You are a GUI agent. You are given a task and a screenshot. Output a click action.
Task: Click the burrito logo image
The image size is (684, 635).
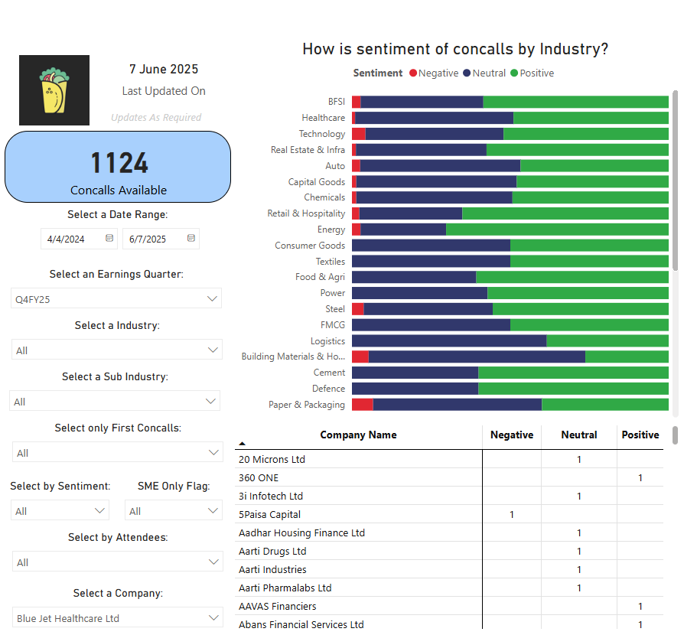[x=54, y=90]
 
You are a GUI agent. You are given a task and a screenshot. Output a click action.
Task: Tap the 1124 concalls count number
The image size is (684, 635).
[x=119, y=163]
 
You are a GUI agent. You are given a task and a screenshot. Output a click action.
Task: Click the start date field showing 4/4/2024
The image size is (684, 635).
[x=67, y=239]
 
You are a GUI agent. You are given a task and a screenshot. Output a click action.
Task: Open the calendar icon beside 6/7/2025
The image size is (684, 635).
[x=191, y=239]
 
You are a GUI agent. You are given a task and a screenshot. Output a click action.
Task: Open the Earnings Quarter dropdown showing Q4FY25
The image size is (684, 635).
[x=116, y=299]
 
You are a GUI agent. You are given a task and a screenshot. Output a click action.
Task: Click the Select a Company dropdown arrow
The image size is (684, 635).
[x=213, y=618]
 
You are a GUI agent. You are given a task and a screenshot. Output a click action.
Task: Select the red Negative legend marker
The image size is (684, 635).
[x=413, y=73]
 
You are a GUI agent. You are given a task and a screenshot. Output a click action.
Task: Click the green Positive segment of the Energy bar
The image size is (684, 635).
[x=557, y=230]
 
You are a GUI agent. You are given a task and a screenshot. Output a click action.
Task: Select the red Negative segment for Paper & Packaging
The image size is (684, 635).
[x=363, y=405]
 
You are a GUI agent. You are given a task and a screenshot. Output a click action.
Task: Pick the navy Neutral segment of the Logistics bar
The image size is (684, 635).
[x=449, y=341]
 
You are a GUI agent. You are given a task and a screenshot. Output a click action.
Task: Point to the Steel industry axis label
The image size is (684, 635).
[x=335, y=309]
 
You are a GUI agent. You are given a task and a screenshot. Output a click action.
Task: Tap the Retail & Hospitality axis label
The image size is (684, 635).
[x=306, y=213]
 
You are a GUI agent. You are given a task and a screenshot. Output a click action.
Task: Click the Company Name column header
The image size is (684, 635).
[x=358, y=435]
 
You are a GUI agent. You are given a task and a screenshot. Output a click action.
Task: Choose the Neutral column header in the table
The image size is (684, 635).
[x=578, y=435]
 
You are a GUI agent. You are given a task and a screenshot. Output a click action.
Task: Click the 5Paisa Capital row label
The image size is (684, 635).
[x=269, y=515]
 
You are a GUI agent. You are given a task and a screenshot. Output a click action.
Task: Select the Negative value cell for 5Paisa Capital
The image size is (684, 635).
[x=512, y=515]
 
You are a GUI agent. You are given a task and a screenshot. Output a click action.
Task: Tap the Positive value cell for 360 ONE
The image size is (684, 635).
[x=640, y=478]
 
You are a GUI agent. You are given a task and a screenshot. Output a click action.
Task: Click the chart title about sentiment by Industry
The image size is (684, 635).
[x=455, y=49]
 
